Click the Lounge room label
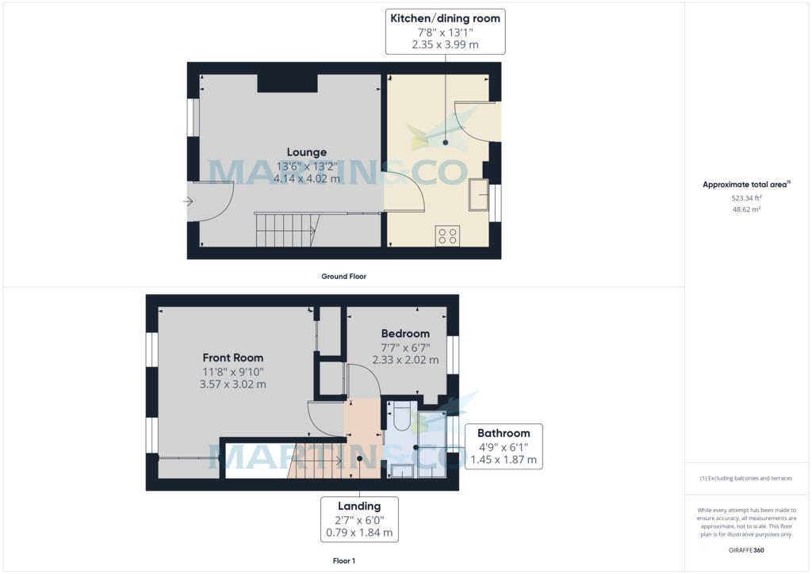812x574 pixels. tap(307, 152)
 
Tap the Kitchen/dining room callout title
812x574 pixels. tap(446, 19)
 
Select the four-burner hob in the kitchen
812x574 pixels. tap(447, 235)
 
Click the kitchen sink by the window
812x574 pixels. tap(478, 194)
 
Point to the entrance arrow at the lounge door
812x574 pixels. tap(188, 201)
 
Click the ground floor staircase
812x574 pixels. tap(286, 231)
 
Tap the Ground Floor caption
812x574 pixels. tap(344, 277)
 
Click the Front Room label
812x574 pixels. tap(233, 358)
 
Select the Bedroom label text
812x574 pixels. tap(405, 334)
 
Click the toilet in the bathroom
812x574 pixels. tap(401, 415)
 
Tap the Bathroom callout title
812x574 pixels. tap(504, 433)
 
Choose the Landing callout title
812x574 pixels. tap(359, 506)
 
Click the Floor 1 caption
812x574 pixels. tap(344, 561)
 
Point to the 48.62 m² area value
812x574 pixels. tap(746, 209)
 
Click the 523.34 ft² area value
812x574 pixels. tap(746, 197)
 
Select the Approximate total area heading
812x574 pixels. tap(745, 185)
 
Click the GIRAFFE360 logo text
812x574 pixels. tap(746, 550)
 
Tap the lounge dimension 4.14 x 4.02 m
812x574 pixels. tap(307, 178)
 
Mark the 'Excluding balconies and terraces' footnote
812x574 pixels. tap(746, 478)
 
